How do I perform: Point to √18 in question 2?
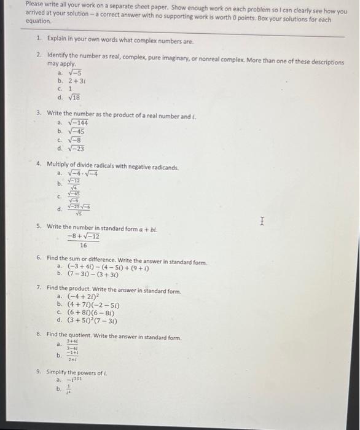coord(73,97)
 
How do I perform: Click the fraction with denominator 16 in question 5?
coord(84,240)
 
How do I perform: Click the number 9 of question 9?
coord(38,372)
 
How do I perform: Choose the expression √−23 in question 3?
coord(76,148)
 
